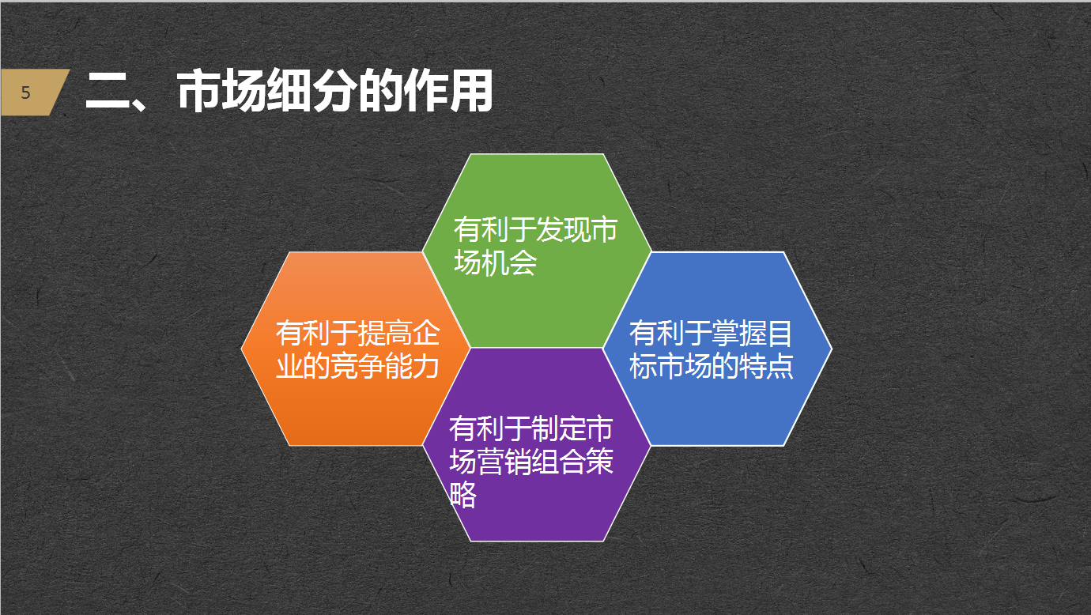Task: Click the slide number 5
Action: [x=25, y=92]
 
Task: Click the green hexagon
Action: [x=536, y=190]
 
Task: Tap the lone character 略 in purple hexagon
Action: [x=463, y=496]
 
